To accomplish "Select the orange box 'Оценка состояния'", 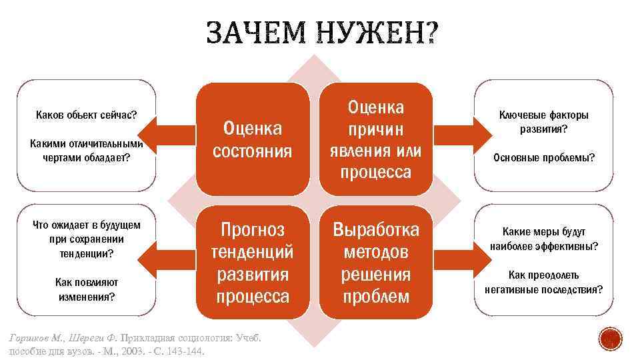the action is click(252, 139).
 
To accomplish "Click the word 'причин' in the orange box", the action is click(376, 129).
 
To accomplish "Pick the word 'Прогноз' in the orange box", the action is click(252, 230).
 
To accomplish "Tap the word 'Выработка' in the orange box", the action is click(376, 230).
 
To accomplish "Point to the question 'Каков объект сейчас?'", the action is click(86, 115).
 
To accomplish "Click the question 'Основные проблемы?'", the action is click(543, 158).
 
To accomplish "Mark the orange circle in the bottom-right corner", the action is click(609, 340).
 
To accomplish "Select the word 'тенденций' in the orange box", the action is click(252, 253).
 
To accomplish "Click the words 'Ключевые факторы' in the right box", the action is click(543, 115).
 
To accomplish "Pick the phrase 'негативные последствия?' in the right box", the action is click(543, 289).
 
